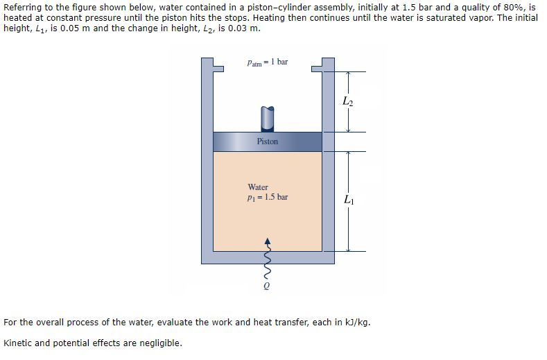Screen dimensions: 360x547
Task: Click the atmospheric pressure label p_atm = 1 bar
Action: coord(267,62)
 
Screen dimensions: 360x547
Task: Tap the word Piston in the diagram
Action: coord(267,142)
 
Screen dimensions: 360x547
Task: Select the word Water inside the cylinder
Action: coord(258,187)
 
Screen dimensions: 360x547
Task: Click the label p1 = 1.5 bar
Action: coord(268,197)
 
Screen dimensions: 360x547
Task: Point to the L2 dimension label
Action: coord(347,102)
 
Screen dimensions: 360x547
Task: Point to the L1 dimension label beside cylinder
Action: coord(347,201)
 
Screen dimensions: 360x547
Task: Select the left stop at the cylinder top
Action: coord(217,67)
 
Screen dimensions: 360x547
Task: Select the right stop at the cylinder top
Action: coord(318,67)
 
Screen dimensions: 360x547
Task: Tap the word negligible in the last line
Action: coord(160,343)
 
